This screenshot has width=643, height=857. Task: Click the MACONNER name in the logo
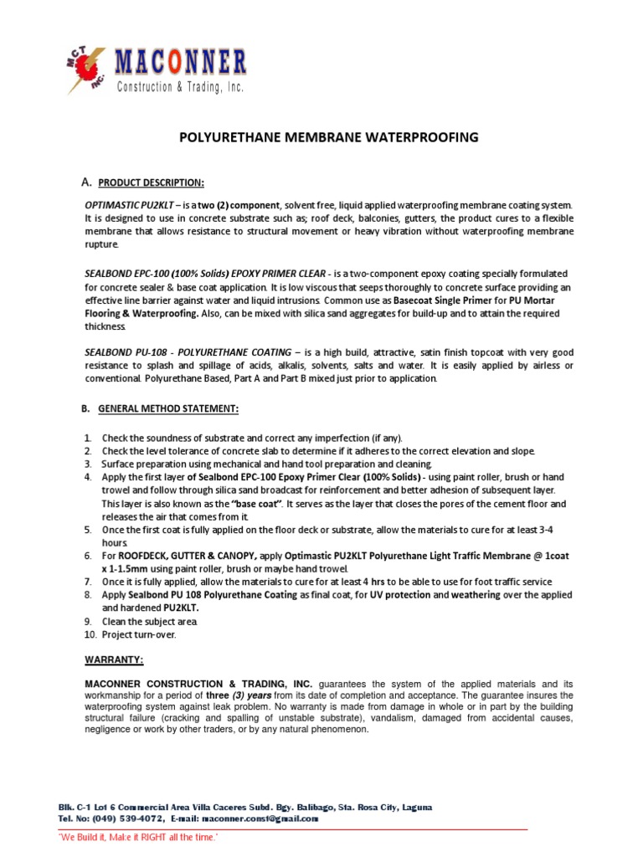181,63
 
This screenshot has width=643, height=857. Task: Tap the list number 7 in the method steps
88,581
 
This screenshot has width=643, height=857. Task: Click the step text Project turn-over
139,635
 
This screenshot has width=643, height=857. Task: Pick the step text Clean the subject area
149,622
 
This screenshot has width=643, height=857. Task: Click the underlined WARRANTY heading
114,659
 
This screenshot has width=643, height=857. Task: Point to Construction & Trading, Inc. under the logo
180,87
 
